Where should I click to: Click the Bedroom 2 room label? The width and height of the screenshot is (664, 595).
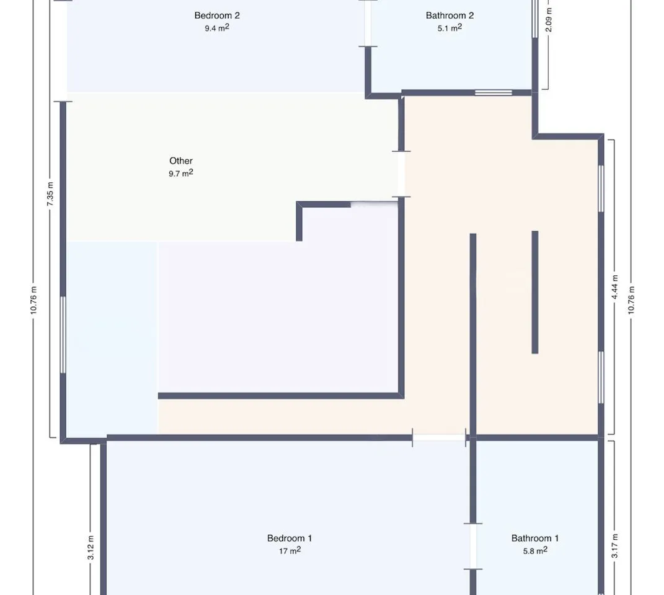click(217, 15)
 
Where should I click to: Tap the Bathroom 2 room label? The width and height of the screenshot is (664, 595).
click(449, 15)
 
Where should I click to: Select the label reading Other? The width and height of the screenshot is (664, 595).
click(181, 161)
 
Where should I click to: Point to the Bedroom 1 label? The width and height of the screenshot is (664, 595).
click(290, 538)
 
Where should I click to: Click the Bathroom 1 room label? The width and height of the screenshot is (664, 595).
click(535, 538)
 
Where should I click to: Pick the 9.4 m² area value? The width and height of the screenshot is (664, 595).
click(217, 28)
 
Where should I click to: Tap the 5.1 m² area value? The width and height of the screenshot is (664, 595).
click(449, 28)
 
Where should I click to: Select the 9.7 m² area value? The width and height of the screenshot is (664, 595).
click(181, 173)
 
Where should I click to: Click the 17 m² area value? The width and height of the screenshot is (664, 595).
click(290, 550)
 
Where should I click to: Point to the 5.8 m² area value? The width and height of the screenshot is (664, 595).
click(535, 550)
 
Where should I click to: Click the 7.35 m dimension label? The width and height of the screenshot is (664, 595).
click(50, 194)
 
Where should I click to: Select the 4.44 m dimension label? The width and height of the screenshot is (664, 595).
click(615, 287)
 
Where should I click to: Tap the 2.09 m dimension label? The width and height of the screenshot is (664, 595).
click(549, 20)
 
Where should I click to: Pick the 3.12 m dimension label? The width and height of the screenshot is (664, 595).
click(91, 547)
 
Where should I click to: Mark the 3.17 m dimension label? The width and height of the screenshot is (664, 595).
click(615, 546)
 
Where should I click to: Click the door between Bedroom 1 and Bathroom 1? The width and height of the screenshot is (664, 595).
click(473, 546)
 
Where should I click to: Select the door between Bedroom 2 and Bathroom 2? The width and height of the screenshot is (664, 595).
click(368, 24)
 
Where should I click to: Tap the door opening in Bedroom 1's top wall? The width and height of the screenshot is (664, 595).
click(439, 438)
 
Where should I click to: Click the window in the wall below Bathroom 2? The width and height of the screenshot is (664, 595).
click(494, 92)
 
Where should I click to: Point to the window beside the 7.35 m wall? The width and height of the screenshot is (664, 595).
click(63, 335)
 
